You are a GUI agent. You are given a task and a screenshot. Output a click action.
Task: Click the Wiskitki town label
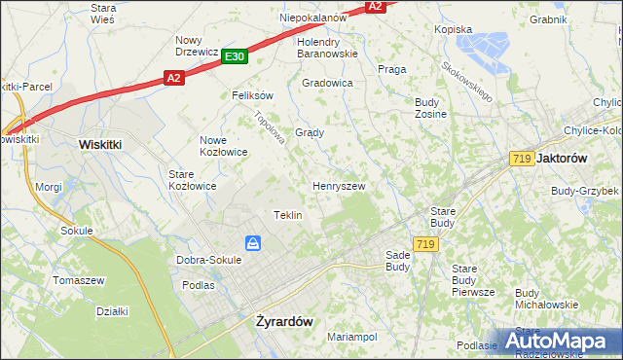[x=99, y=143]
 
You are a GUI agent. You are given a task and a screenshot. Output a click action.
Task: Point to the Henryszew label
[x=338, y=185]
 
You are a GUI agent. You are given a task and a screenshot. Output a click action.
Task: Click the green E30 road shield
[x=234, y=57]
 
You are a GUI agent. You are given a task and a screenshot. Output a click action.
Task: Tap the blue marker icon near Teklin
[x=252, y=243]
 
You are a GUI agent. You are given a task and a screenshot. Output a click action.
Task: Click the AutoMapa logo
[x=563, y=341]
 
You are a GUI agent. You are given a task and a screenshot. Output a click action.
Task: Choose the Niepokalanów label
[x=313, y=18]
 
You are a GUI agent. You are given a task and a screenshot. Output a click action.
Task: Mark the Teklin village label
[x=287, y=215]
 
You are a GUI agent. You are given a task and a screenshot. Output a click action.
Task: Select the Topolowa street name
[x=269, y=126]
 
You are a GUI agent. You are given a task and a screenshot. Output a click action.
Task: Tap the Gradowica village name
[x=327, y=83]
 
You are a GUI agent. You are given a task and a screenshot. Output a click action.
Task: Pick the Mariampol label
[x=351, y=337]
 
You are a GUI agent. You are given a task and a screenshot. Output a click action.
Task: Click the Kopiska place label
[x=453, y=29]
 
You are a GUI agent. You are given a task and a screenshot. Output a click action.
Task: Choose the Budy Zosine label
[x=430, y=108]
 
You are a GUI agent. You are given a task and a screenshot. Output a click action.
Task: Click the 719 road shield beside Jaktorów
[x=520, y=158]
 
